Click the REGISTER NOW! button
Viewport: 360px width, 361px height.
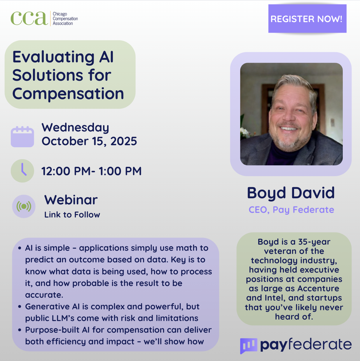307,19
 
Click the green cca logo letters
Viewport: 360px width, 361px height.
29,18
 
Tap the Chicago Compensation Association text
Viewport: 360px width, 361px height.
65,19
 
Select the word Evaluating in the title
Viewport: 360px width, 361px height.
53,57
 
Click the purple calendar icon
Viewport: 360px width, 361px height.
22,136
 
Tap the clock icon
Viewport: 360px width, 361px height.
22,171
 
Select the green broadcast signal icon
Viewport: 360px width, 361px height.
24,206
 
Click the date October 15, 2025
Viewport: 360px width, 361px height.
89,141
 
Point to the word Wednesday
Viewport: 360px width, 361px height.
75,128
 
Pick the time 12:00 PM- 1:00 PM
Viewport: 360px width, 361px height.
92,171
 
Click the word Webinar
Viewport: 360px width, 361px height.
71,200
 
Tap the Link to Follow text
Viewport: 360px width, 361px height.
72,215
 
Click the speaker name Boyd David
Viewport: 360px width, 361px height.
291,193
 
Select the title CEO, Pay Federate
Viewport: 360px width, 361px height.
291,210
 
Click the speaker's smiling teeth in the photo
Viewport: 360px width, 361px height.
289,129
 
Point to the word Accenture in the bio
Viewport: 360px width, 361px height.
318,288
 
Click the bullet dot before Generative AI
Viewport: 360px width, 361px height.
20,307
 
